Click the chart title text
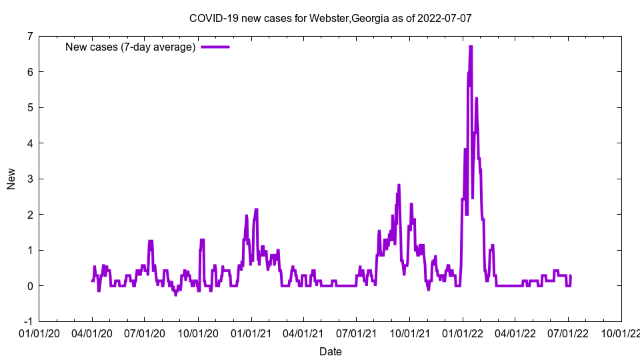[331, 18]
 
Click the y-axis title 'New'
[11, 179]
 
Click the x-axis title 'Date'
[331, 351]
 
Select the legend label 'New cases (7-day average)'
[130, 47]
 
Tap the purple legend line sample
[215, 47]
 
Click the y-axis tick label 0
[30, 286]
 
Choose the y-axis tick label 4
[30, 143]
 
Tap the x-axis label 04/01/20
[92, 333]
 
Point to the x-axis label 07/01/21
[357, 333]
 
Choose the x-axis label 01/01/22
[463, 333]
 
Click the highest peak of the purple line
[471, 47]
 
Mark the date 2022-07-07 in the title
[445, 18]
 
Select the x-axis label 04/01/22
[515, 333]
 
